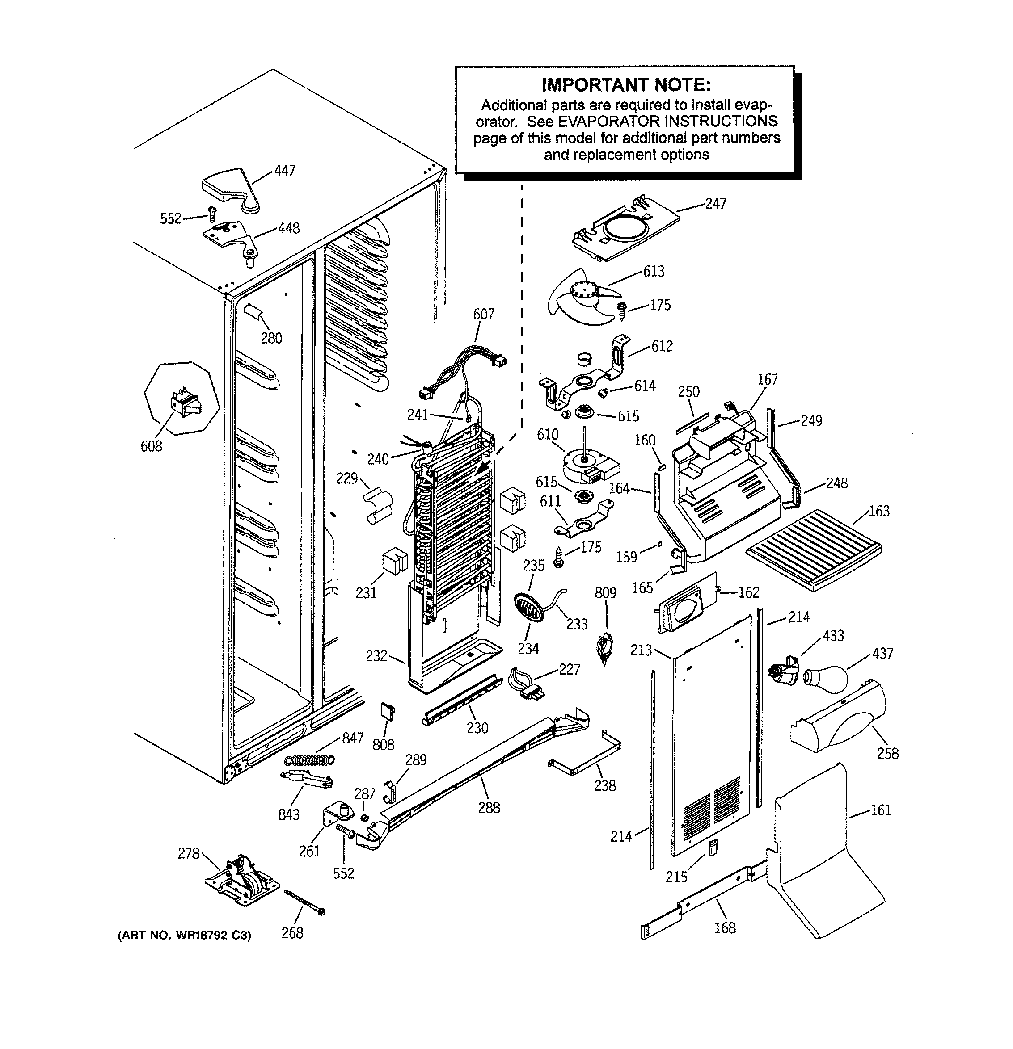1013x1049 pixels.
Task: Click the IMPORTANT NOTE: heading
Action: pos(626,84)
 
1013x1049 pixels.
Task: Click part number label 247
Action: pos(715,203)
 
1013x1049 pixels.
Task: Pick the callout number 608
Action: pos(151,446)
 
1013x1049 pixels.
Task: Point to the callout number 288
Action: pos(489,808)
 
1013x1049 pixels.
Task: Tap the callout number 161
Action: pos(880,810)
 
